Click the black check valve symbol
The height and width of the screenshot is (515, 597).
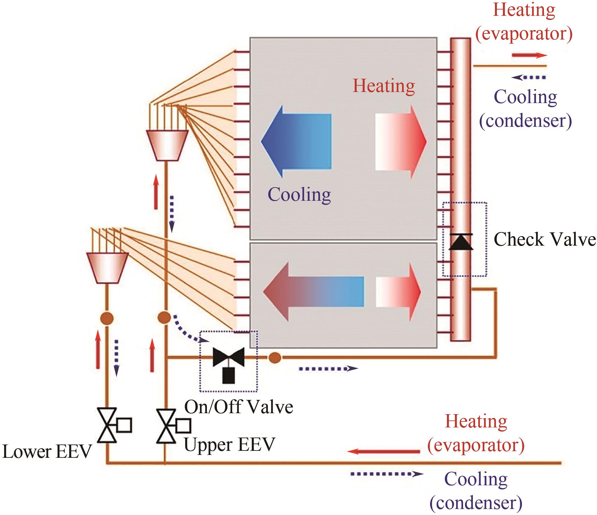461,242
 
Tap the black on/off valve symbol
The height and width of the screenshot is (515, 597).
228,360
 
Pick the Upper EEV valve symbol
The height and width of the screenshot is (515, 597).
166,426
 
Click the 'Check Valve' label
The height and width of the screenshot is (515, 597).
544,239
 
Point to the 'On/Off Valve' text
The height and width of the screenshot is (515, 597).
238,407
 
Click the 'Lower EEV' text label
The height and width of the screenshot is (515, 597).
47,451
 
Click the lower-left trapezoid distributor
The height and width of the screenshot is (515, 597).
107,267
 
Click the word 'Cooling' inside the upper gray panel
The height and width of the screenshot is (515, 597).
299,194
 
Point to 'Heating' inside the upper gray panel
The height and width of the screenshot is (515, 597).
384,86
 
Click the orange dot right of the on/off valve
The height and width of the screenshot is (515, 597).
275,358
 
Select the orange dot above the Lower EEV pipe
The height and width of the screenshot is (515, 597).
107,318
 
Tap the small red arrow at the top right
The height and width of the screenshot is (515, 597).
529,55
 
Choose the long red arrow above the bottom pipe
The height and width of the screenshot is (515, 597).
384,451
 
